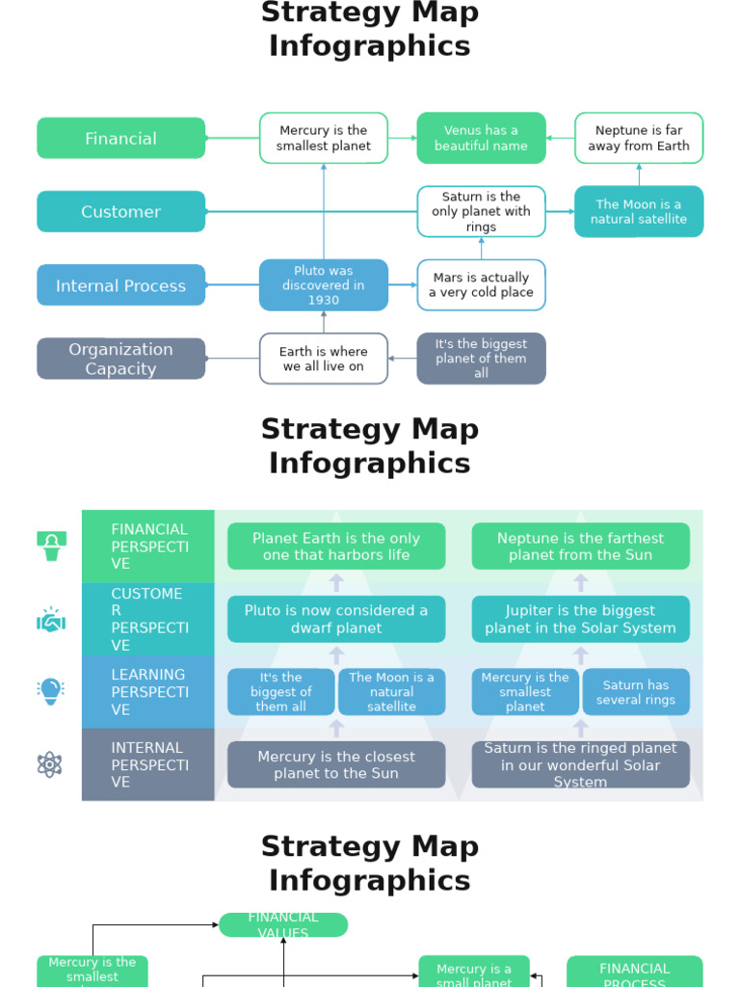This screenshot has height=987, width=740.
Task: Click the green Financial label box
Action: coord(120,138)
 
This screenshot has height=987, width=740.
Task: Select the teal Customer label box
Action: coord(120,211)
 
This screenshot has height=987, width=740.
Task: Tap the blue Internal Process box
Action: coord(120,285)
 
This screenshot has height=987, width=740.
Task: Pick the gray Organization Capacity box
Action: coord(120,359)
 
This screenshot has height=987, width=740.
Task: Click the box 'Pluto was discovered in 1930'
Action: coord(324,285)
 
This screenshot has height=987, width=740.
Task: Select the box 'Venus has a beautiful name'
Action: coord(481,138)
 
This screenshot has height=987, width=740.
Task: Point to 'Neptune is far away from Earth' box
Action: coord(639,138)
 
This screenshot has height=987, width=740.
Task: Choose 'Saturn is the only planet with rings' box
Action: coord(481,211)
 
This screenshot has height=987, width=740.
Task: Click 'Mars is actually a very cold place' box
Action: coord(481,285)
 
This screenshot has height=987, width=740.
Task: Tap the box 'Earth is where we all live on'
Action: coord(324,359)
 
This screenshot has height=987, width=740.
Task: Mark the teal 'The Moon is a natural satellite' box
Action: coord(639,211)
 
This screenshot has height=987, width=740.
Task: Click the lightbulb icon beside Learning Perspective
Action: coord(50,691)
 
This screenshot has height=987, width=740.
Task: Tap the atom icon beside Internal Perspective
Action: coord(50,764)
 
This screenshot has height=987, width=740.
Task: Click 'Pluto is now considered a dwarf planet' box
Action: coord(336,619)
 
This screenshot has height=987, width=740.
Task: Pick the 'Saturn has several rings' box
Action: coord(636,692)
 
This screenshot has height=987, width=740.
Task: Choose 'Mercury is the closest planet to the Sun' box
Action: coord(336,764)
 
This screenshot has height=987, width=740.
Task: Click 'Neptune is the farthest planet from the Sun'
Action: coord(580,547)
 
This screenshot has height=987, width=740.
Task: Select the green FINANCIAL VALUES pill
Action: coord(283,924)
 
